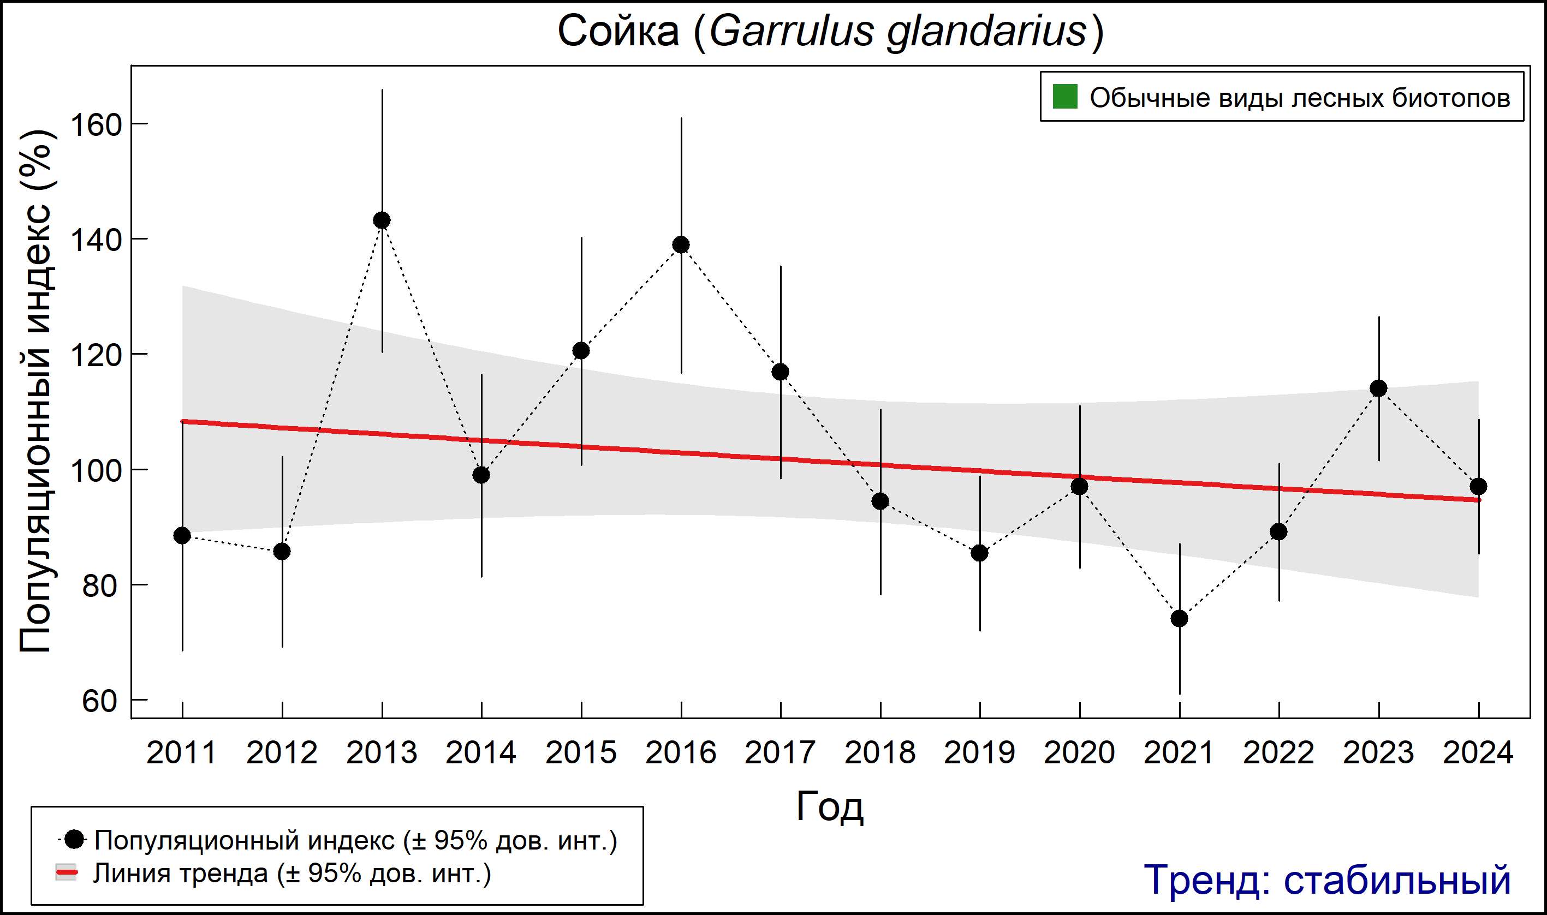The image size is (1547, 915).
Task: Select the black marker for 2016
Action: tap(681, 245)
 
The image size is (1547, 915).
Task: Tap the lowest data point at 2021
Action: tap(1180, 618)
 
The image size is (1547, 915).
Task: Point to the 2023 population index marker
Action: tap(1379, 388)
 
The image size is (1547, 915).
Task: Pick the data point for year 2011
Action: tap(182, 535)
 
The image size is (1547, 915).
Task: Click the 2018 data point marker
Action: tap(880, 501)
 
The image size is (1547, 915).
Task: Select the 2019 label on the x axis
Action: tap(979, 753)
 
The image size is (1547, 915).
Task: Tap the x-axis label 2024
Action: tap(1478, 753)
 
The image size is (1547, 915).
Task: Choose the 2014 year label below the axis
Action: tap(481, 753)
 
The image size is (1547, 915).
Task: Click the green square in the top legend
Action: tap(1064, 97)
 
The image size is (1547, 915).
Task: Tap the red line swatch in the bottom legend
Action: tap(66, 872)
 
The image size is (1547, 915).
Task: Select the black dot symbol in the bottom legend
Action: tap(75, 839)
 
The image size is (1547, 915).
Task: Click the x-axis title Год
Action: tap(830, 806)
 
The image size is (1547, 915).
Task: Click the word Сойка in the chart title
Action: tap(618, 31)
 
